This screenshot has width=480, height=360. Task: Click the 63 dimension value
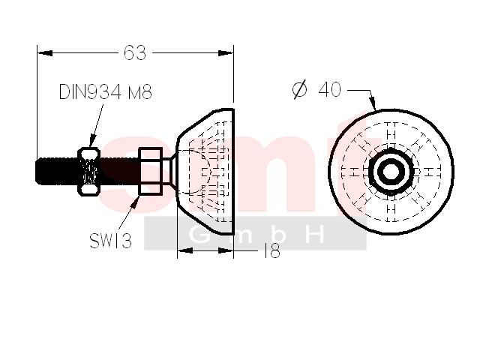135,52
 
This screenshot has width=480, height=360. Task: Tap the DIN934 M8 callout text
105,91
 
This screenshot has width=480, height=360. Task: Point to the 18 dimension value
272,251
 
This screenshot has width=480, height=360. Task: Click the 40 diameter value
330,89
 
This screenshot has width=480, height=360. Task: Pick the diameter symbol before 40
299,89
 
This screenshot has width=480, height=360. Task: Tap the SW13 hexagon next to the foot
150,172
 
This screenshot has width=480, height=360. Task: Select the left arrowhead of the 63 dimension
45,53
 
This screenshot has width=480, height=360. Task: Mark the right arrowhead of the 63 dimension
226,53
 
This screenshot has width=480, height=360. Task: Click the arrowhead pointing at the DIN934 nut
92,141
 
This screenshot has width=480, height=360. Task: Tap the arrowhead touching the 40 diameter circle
373,103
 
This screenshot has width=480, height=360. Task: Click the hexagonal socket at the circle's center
391,172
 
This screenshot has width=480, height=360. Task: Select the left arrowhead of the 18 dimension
185,250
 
